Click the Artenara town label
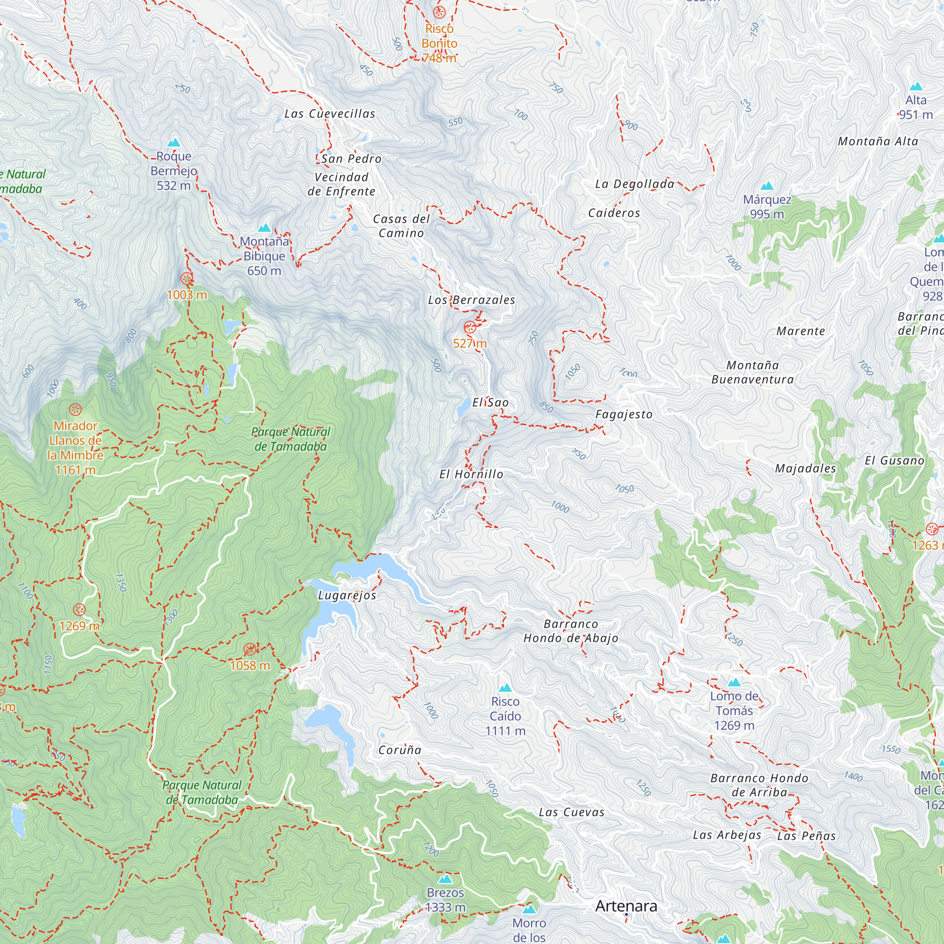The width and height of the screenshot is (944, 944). (626, 906)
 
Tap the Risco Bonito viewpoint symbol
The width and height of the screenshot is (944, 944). (439, 12)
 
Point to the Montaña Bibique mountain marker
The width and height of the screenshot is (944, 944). (264, 228)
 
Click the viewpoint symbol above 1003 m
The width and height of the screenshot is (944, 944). (186, 279)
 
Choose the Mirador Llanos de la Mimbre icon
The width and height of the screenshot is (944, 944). (75, 409)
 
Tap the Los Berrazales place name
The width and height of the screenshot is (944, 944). (472, 300)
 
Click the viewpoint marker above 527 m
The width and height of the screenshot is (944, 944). (470, 328)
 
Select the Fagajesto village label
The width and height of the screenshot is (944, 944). (624, 414)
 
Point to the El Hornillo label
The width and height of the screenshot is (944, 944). (471, 474)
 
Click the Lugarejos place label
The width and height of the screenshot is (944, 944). (347, 595)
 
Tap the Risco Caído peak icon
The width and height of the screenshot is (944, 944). (505, 688)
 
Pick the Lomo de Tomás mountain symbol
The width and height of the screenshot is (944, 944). (734, 683)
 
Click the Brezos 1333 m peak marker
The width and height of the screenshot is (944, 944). (445, 879)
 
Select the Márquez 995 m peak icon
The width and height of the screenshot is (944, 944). (767, 185)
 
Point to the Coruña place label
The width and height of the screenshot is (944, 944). (400, 750)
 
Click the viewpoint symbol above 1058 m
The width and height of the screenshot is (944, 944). (250, 649)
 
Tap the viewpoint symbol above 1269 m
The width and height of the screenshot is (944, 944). (79, 610)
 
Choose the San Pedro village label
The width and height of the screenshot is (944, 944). (351, 159)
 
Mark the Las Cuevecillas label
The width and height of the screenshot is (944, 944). (330, 114)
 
